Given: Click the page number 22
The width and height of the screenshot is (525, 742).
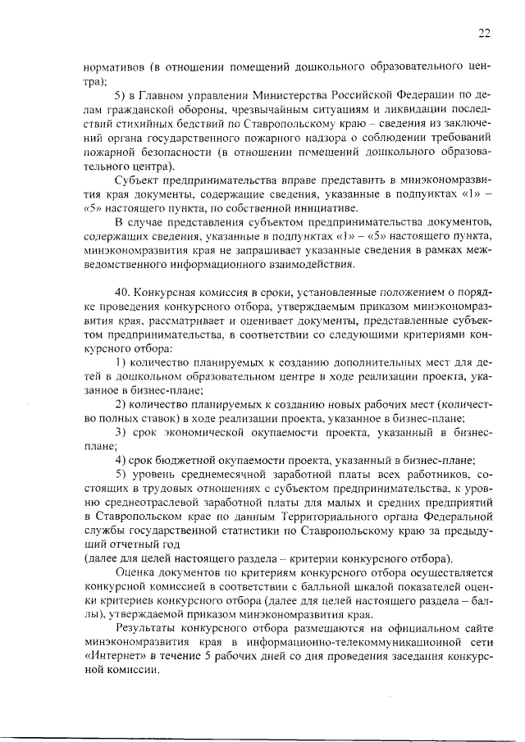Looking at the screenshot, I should point(484,33).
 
